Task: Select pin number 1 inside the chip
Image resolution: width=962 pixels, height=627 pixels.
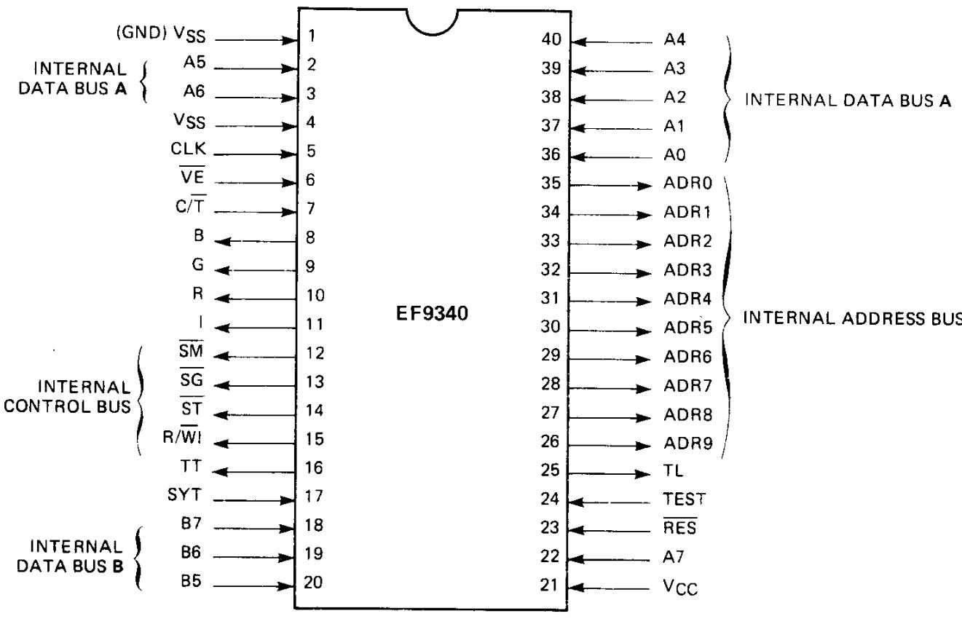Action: click(312, 36)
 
